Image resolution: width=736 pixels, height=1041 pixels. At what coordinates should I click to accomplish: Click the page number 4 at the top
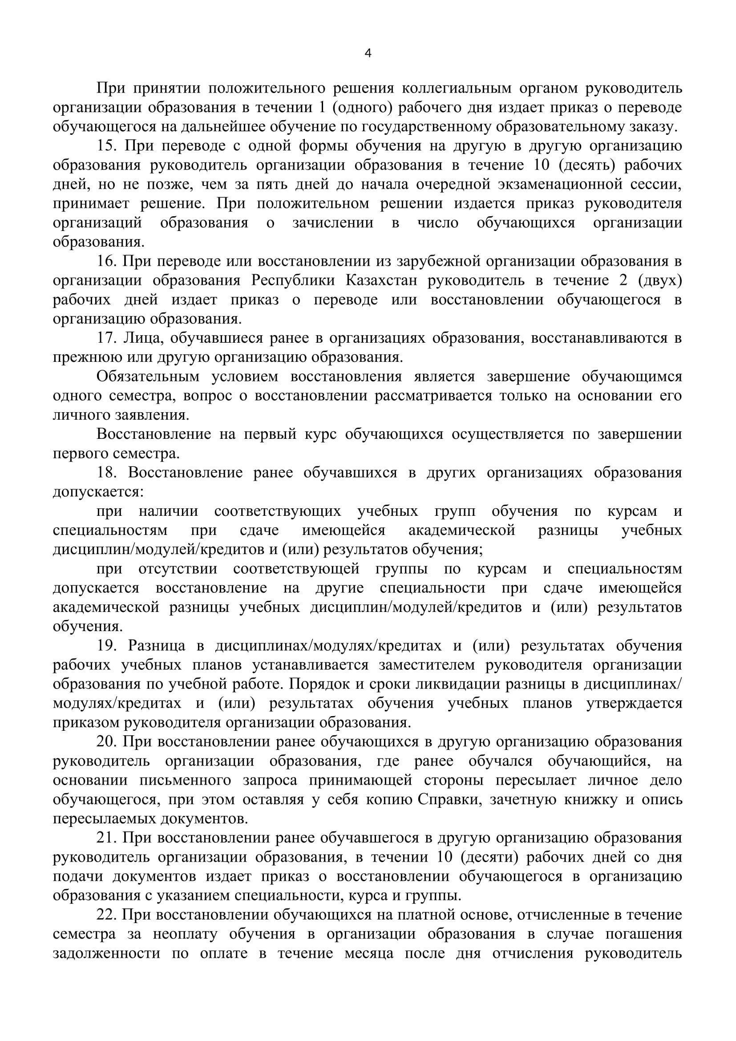(368, 54)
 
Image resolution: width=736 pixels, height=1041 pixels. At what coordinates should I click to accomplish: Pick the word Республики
(293, 281)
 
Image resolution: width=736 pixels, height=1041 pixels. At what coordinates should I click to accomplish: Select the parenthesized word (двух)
(660, 281)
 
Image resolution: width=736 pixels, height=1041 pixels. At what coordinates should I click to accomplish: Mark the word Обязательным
(148, 377)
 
